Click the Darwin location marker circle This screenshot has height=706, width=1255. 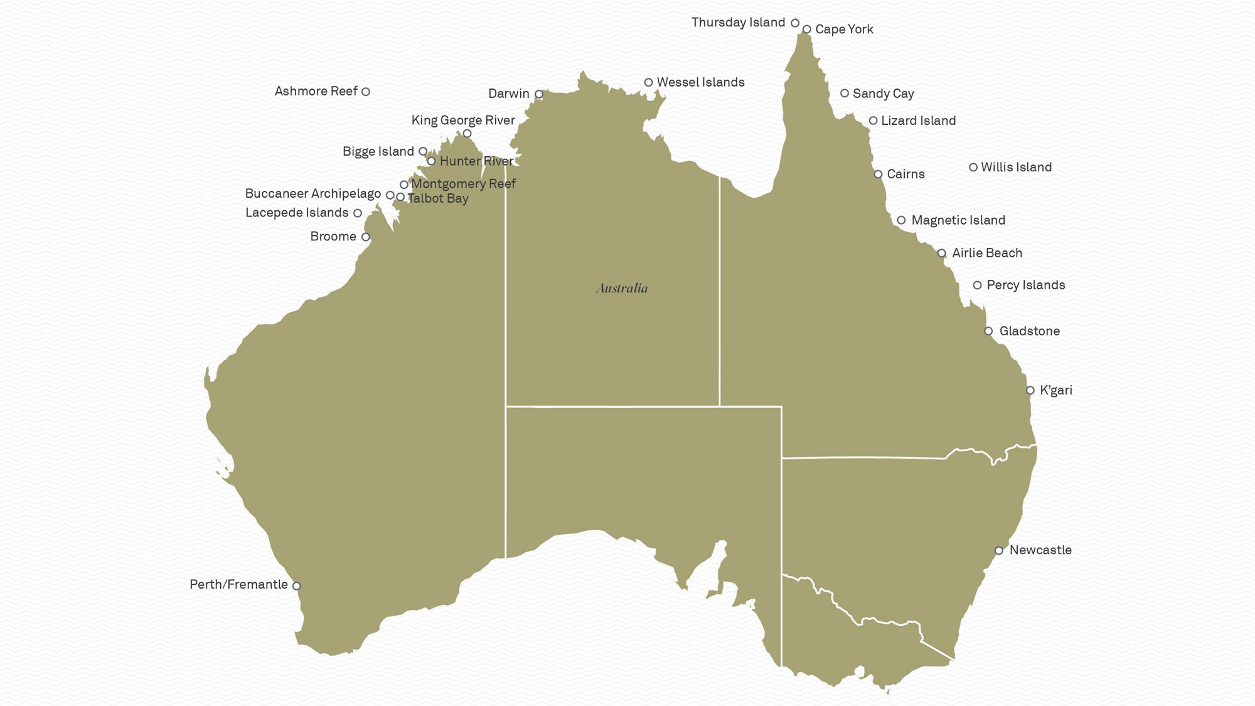pos(539,94)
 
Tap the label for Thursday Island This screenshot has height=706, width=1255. pos(738,23)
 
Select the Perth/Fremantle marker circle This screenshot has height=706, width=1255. pos(297,586)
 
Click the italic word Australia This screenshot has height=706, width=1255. pos(622,288)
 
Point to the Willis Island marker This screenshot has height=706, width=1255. pos(973,168)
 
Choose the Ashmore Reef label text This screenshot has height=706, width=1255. pos(316,92)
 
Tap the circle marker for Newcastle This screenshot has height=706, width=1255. pos(999,551)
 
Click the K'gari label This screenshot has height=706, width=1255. pos(1056,390)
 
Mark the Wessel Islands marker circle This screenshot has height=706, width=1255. pos(649,82)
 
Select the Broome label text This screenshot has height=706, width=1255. pos(333,237)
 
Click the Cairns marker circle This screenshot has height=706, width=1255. pos(878,174)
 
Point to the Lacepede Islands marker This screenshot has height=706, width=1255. pos(358,213)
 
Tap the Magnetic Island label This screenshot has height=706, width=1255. pos(958,220)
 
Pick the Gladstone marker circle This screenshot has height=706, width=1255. pos(988,331)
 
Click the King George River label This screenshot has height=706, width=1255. pos(463,120)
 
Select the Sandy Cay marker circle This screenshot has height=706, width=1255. pos(845,94)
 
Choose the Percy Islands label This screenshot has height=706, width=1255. pos(1026,286)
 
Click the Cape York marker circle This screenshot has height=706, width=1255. pos(807,29)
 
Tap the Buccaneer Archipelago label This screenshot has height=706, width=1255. pos(312,194)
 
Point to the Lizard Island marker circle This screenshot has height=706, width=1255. pos(873,120)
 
